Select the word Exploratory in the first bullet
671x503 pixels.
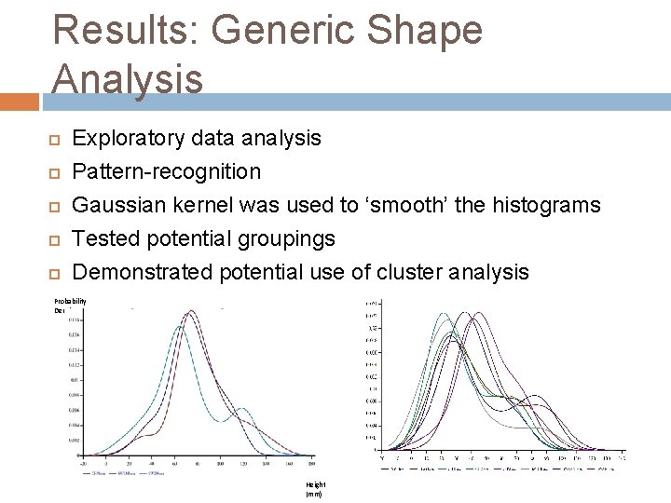coord(130,139)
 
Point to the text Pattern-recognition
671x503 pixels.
coord(167,172)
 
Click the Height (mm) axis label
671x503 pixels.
coord(314,490)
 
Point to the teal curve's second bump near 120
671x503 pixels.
coord(241,409)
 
